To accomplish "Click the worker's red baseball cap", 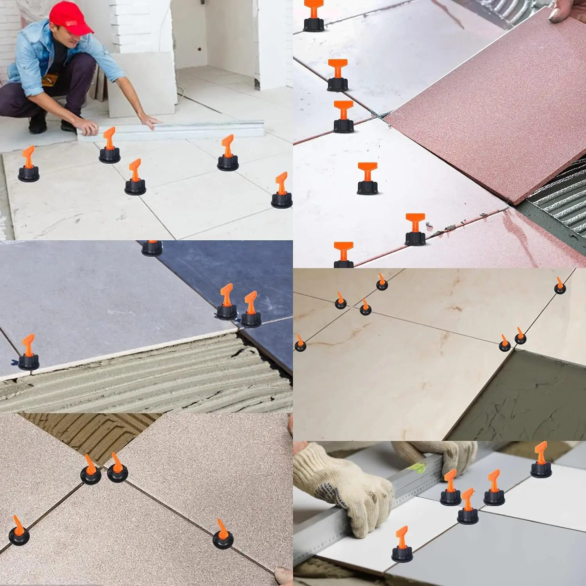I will coord(70,18).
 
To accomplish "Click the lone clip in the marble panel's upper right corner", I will coord(559,286).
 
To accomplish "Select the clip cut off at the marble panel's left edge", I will coord(300,344).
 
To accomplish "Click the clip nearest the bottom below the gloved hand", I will coord(402,547).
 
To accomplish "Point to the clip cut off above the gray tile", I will coord(152,248).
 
